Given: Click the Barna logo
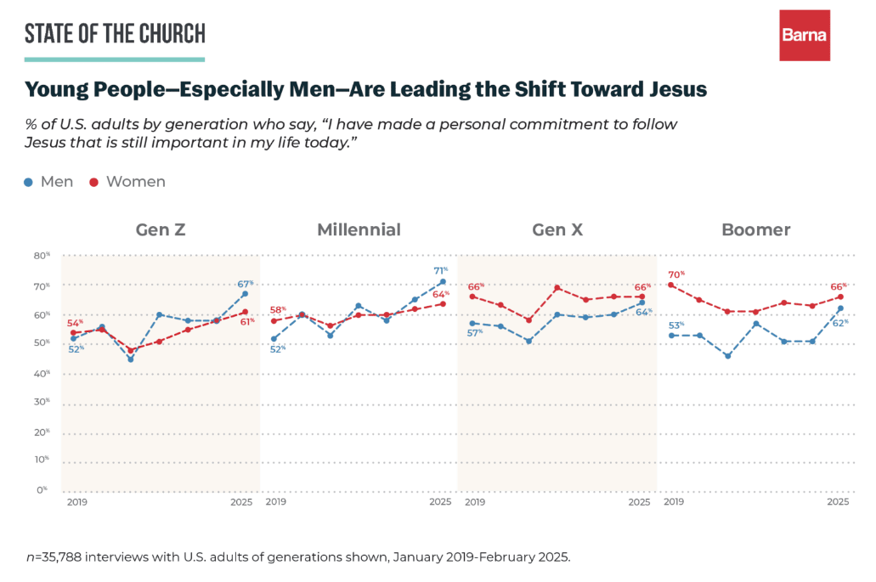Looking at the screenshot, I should [805, 36].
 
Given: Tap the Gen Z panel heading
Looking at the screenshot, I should [161, 229].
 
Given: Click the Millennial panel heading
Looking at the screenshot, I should [359, 229].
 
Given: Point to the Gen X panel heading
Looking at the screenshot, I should [557, 229].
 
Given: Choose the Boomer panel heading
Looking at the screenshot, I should [755, 229].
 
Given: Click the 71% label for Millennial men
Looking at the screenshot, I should [442, 269].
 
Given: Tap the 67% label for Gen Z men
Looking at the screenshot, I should [245, 283].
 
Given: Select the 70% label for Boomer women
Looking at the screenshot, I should [676, 274].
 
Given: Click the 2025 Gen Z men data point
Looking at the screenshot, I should [245, 294].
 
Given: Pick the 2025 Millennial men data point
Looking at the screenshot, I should [443, 281].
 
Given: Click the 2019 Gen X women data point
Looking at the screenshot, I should [472, 297].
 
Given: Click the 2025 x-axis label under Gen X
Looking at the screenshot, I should [638, 502].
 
